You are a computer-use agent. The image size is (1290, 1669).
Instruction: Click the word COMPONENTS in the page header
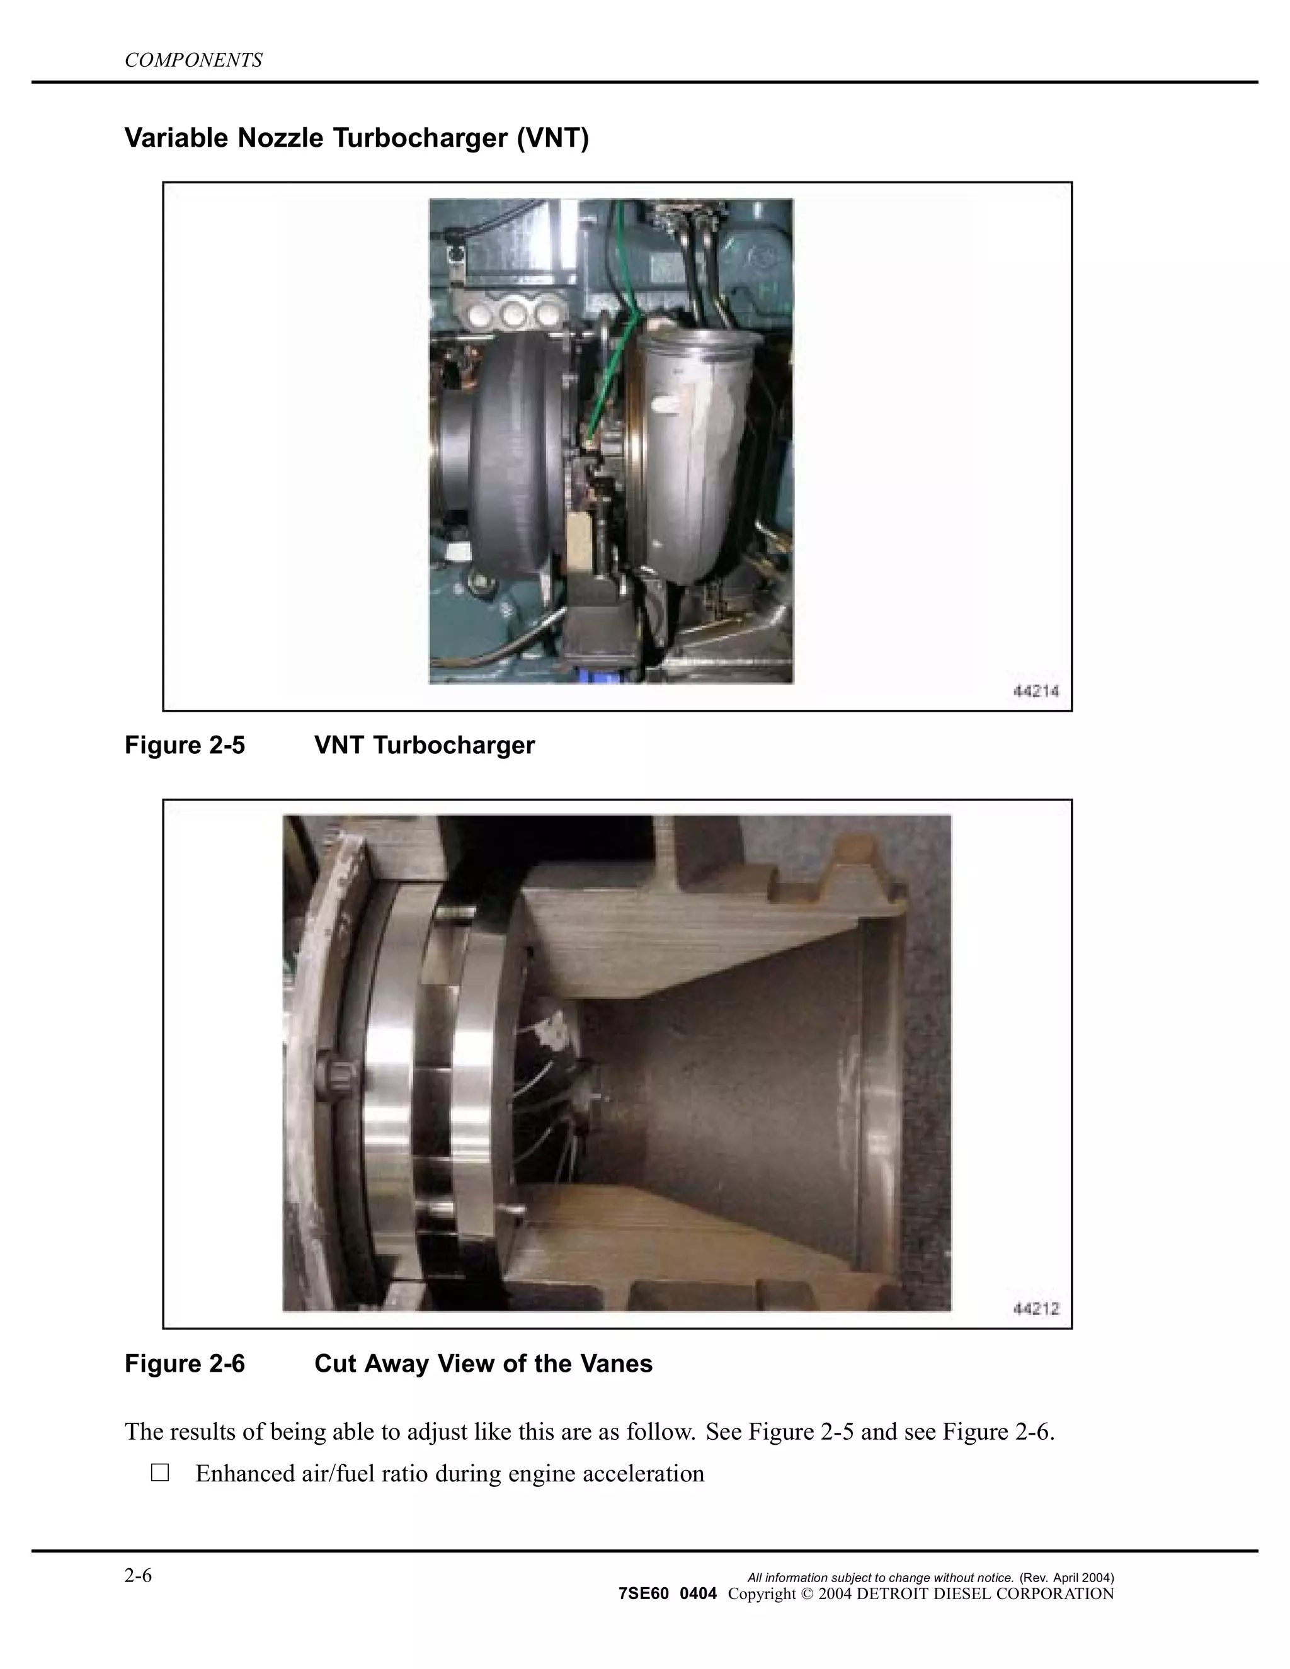[x=193, y=60]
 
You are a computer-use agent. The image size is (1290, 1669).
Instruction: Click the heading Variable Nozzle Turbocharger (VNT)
[x=356, y=139]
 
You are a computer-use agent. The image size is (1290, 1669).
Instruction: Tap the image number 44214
[x=1036, y=692]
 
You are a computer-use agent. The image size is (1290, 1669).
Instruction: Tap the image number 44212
[x=1036, y=1309]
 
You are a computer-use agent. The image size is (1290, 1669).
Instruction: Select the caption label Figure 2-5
[x=185, y=744]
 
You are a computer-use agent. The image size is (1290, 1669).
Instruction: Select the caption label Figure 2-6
[x=185, y=1364]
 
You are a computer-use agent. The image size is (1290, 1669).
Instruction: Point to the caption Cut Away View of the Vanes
[x=483, y=1364]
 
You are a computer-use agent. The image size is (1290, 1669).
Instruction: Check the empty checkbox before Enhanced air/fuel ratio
[x=160, y=1472]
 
